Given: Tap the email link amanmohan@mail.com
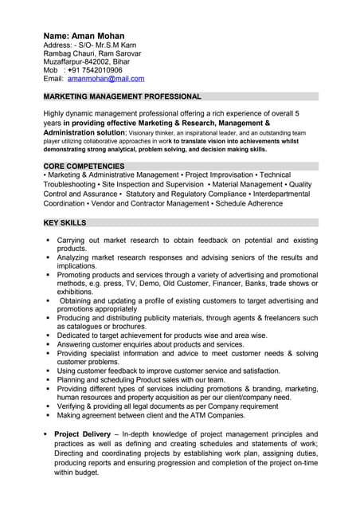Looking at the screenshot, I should point(106,79).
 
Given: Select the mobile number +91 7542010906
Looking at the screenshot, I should point(95,70).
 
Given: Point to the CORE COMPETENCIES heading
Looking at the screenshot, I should point(84,166).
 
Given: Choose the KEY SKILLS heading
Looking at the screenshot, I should point(65,222).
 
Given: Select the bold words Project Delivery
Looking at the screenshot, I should point(82,433).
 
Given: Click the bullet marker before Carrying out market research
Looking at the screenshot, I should point(48,240).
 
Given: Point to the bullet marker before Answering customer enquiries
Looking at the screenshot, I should point(48,344).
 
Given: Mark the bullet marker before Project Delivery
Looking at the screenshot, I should point(45,433).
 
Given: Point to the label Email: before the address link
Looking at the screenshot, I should point(53,79).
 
